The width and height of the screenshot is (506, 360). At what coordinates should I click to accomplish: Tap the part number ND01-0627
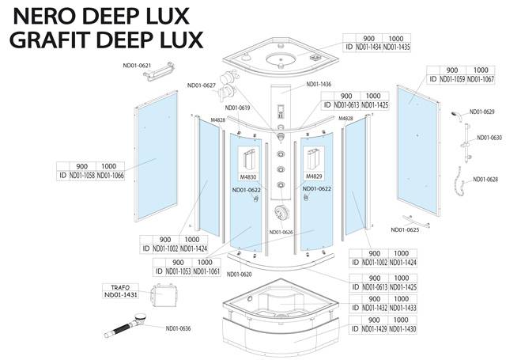pos(202,85)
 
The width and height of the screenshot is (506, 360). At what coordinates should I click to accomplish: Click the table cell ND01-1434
pos(368,47)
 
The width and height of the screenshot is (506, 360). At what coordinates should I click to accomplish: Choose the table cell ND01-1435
pos(396,47)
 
